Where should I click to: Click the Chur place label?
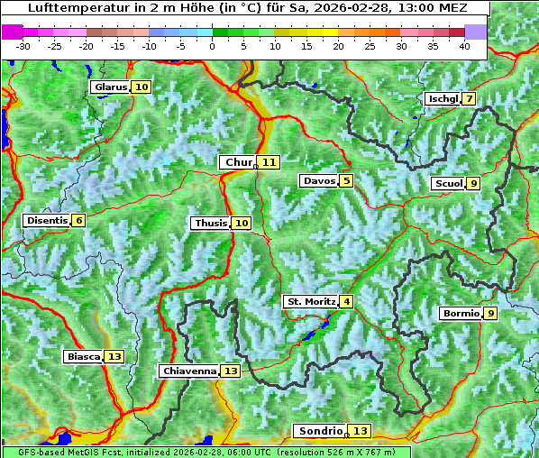[239, 162]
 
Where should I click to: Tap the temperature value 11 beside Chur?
[270, 162]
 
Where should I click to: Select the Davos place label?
[318, 181]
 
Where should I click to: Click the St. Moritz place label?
[310, 301]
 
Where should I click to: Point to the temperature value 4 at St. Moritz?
[347, 301]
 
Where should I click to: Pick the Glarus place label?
[110, 87]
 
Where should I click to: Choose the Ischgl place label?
[443, 98]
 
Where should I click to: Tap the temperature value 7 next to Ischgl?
[470, 98]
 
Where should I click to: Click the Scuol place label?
[448, 184]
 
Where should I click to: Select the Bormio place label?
[460, 314]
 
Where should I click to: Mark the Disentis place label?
[46, 221]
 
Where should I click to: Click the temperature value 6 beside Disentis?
[79, 221]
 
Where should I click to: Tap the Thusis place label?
[210, 223]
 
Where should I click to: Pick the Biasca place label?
[83, 357]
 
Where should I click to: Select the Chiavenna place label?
[189, 371]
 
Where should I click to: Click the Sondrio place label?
[321, 431]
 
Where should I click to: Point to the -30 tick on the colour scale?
[23, 45]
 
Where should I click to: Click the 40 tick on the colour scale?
[464, 45]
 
